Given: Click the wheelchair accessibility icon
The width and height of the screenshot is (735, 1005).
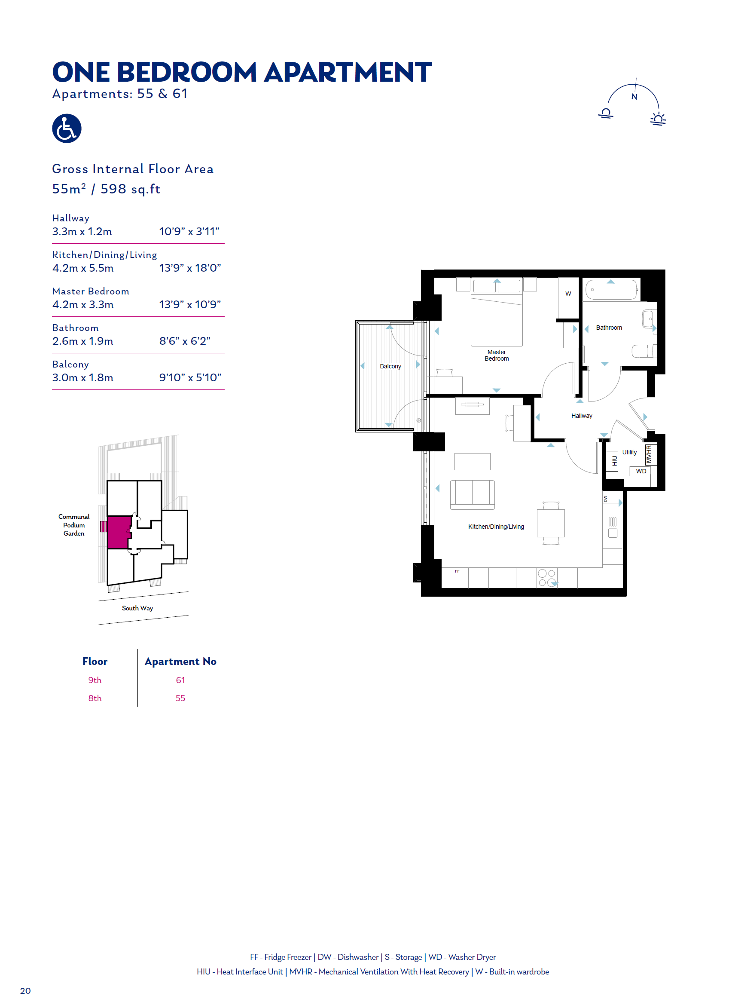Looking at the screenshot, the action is click(67, 128).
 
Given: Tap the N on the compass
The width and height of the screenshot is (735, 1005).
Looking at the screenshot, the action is click(634, 97).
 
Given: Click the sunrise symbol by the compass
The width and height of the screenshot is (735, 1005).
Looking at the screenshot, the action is click(658, 119).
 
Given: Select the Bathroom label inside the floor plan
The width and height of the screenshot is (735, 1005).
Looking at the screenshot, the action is click(609, 328).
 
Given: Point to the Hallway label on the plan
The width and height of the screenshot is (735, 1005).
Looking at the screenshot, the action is click(582, 416).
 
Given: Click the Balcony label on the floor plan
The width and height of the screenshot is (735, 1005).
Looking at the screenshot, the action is click(390, 366).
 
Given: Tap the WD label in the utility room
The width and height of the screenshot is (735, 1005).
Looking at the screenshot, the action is click(640, 471).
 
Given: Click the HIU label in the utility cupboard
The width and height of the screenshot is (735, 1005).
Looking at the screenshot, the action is click(614, 461).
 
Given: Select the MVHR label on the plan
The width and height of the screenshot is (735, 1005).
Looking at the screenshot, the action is click(649, 454).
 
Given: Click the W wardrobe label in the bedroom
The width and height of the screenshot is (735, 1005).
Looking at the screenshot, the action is click(568, 294).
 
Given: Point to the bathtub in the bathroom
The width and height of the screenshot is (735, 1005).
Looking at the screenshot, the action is click(611, 289).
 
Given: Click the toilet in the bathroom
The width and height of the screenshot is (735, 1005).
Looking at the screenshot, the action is click(644, 351).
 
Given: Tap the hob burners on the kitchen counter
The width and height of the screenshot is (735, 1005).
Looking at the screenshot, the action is click(547, 578).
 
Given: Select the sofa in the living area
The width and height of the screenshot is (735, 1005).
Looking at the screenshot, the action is click(472, 494).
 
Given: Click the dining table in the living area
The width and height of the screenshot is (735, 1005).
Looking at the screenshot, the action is click(550, 523).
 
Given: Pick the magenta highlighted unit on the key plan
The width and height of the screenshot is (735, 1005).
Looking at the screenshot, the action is click(119, 532).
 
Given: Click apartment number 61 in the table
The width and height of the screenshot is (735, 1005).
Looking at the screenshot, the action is click(180, 680).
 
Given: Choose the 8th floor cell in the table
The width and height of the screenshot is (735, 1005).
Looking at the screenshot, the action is click(95, 698).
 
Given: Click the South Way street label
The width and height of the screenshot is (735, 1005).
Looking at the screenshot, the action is click(137, 608).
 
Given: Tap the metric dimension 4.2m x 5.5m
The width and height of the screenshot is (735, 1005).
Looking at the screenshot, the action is click(83, 268).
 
